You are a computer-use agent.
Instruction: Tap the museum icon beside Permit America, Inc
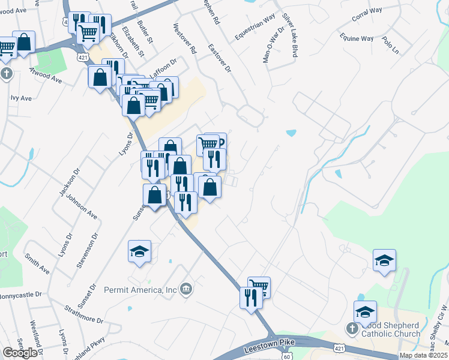point(187,290)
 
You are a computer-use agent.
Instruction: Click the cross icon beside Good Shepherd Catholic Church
point(352,328)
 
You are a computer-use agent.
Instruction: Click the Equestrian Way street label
point(255,27)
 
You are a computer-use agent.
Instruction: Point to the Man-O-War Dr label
point(268,45)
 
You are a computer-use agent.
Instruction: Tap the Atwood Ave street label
point(46,74)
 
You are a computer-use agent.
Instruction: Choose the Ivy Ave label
point(20,97)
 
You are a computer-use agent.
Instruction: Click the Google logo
point(20,353)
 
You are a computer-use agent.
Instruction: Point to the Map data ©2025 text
point(423,355)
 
